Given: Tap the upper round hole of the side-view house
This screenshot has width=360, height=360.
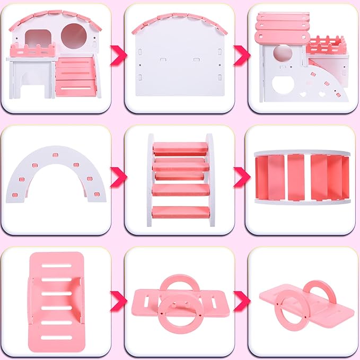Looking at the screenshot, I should point(280,54).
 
